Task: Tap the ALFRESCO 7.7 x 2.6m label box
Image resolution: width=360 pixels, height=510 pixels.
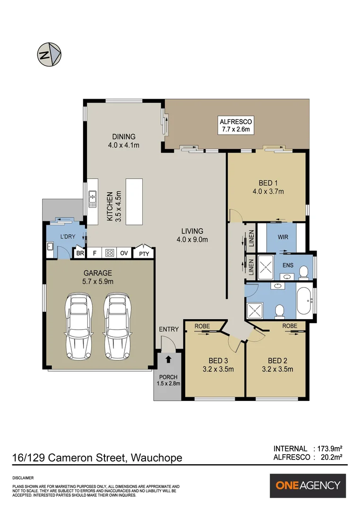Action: click(x=235, y=125)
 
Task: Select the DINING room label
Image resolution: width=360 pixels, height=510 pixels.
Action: click(x=123, y=137)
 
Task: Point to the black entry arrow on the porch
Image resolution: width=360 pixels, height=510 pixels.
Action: click(x=168, y=360)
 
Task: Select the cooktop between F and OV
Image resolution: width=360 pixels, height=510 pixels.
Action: click(x=110, y=253)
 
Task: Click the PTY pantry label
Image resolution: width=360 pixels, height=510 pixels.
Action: click(x=144, y=254)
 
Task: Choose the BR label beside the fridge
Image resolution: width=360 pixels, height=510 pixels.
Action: click(x=80, y=254)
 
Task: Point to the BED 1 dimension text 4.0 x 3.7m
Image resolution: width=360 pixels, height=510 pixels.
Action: click(x=267, y=191)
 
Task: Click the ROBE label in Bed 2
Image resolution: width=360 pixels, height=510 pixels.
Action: click(x=290, y=326)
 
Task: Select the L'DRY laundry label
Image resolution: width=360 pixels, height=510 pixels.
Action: click(x=68, y=236)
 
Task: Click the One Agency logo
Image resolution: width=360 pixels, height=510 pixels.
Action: click(x=308, y=485)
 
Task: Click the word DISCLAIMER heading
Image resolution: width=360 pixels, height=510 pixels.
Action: click(x=23, y=478)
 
